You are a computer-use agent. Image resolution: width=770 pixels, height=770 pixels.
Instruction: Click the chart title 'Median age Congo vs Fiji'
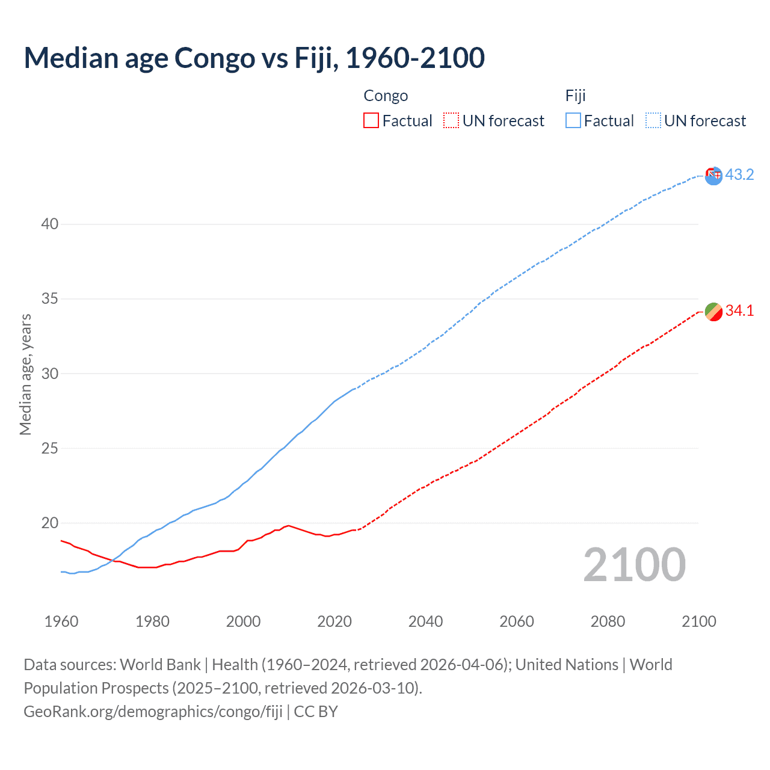click(x=254, y=58)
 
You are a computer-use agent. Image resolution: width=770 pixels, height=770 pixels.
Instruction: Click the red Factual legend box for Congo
click(x=371, y=120)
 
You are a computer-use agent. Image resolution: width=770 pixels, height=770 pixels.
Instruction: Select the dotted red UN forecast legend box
click(x=451, y=120)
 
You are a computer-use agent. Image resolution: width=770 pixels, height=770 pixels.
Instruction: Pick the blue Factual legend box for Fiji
click(x=573, y=120)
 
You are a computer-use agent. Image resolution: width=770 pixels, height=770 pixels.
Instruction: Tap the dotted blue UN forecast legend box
click(x=653, y=120)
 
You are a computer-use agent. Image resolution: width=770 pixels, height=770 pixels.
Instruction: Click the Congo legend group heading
click(x=386, y=96)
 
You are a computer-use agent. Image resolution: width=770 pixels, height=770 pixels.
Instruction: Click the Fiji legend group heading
click(x=575, y=96)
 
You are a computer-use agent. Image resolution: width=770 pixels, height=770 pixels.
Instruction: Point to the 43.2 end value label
click(x=739, y=174)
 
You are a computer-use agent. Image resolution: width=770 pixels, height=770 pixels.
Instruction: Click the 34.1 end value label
click(x=739, y=310)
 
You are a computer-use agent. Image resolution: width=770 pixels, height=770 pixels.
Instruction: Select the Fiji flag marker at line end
click(x=713, y=176)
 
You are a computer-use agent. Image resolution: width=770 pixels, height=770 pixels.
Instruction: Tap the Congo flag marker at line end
click(x=713, y=312)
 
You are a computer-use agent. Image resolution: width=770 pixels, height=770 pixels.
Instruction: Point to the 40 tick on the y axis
click(x=49, y=224)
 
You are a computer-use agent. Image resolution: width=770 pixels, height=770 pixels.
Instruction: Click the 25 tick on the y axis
click(x=49, y=448)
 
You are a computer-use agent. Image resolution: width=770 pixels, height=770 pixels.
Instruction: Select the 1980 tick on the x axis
click(x=152, y=621)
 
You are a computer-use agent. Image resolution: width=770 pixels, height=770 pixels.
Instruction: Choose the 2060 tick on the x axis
click(x=517, y=621)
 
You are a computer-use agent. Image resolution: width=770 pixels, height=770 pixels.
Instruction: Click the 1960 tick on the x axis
click(x=61, y=621)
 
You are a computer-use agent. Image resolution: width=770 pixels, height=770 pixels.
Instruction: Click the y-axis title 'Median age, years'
click(x=25, y=374)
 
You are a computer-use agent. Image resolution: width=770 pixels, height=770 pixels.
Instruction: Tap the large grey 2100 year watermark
click(x=634, y=564)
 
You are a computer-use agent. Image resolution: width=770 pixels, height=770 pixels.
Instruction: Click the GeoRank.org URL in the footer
click(x=153, y=711)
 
